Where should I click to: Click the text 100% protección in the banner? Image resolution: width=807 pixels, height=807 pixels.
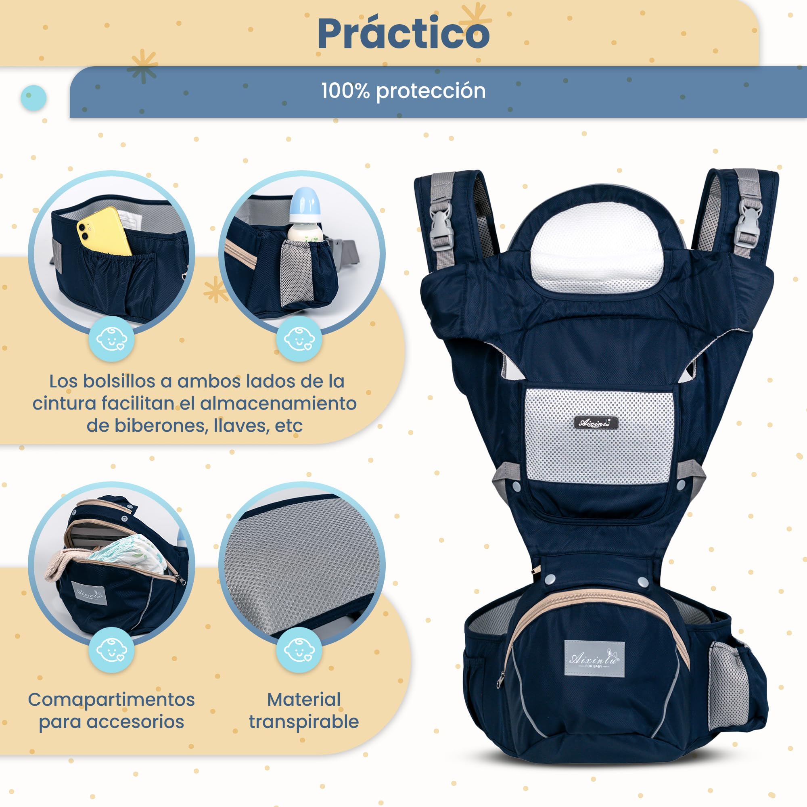(x=403, y=91)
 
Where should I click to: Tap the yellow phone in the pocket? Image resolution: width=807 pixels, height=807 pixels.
(x=104, y=232)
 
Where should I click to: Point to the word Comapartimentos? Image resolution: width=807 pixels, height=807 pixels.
(x=111, y=699)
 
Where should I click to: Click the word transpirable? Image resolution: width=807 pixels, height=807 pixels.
(x=304, y=721)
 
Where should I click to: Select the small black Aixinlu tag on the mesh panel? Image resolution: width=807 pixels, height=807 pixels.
(x=594, y=423)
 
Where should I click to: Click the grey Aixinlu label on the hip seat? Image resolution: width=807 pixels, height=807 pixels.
(x=594, y=659)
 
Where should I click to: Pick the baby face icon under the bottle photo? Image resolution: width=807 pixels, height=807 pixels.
(x=298, y=339)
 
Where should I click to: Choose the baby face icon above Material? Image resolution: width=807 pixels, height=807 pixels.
(x=298, y=650)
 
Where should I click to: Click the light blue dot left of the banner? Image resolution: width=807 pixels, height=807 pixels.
(x=33, y=98)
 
